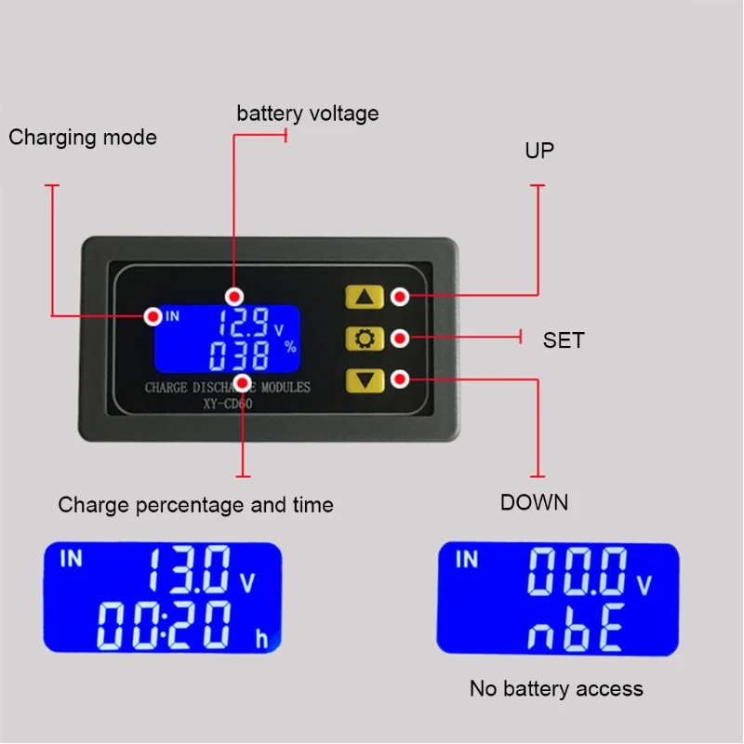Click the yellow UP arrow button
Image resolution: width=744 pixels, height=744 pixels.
coord(364,297)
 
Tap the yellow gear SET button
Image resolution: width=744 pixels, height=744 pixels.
coord(364,338)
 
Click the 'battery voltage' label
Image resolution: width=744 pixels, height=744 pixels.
coord(308,113)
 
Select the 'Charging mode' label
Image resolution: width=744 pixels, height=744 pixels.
coord(83,138)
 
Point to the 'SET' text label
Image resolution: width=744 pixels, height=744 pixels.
coord(564,340)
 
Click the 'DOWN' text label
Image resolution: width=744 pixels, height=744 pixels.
coord(534,502)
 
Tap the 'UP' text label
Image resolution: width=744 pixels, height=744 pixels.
coord(539,151)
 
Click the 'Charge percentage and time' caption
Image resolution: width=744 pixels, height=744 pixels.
coord(195,505)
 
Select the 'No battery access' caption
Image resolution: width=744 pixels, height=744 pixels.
coord(556,689)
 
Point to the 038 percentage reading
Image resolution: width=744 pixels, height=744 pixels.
coord(240,354)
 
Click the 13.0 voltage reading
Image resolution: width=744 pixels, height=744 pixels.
coord(189,570)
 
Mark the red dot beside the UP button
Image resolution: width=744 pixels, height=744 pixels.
coord(399,297)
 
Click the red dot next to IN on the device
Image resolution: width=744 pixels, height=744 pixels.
coord(153,316)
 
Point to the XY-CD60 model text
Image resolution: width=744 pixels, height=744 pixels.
coord(228,404)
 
